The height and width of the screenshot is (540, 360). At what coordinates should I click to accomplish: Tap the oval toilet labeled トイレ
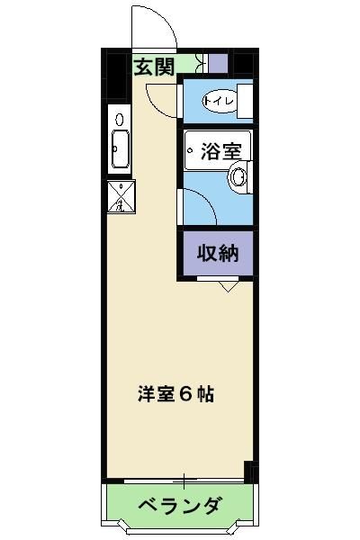coord(220,101)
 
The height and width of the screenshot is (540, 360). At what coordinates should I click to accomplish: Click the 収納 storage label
coord(218,253)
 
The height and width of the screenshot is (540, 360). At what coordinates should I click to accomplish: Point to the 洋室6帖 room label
coord(175,394)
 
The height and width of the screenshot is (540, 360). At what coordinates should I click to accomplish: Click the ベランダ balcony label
coord(179,505)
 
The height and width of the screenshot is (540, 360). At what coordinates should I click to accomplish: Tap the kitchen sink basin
coord(119,149)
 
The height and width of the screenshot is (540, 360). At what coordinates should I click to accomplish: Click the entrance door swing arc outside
coord(153,27)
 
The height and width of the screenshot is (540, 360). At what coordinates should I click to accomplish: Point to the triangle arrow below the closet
coord(229,287)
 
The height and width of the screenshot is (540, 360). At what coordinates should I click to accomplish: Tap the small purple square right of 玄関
coord(216,64)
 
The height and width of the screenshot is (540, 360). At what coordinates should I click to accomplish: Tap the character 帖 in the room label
coord(205,394)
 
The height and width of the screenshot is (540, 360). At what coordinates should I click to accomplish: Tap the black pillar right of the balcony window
coord(249,473)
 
